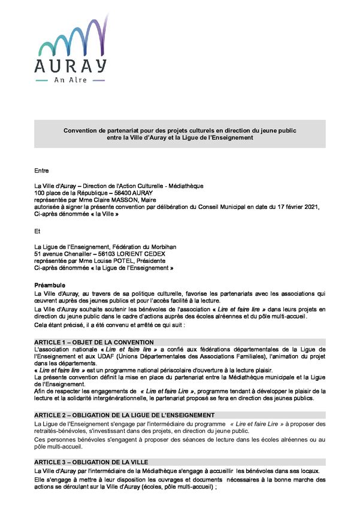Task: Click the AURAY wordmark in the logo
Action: point(71,64)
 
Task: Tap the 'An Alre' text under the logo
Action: point(71,79)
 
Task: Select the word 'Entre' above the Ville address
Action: point(42,171)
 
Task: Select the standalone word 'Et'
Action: point(38,230)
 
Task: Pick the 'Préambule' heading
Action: point(50,285)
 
